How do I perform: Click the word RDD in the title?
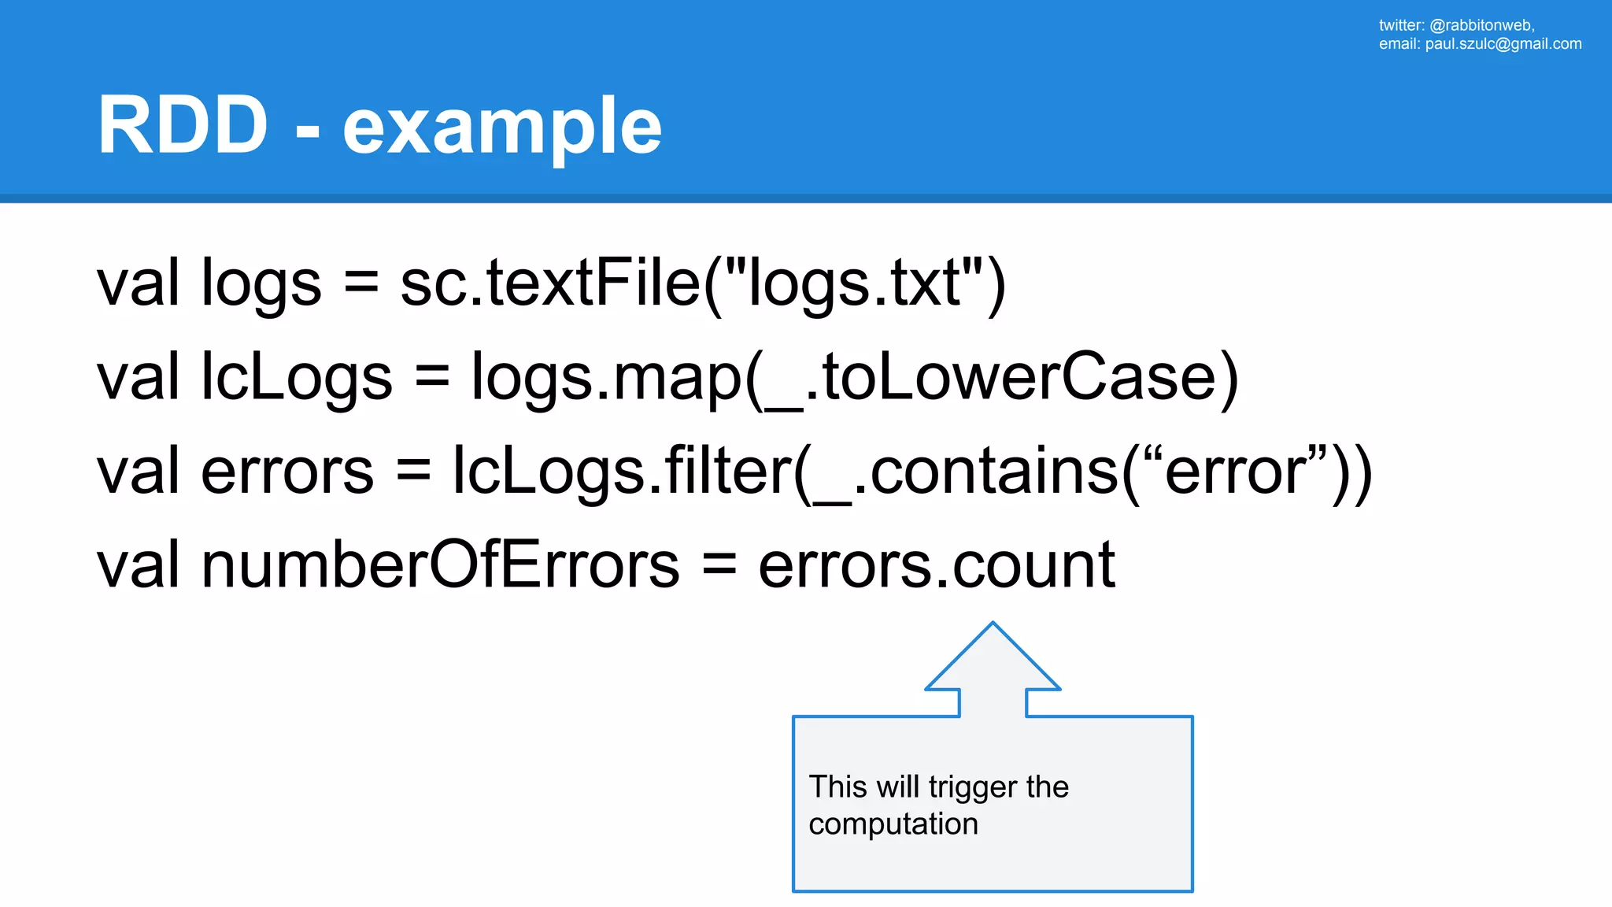[183, 126]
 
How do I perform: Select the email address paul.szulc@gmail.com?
[1503, 44]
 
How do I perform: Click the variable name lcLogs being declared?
[296, 377]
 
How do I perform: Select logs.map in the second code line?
[606, 377]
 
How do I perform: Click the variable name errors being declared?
[287, 471]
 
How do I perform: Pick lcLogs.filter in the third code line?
[622, 471]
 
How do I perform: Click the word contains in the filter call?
[993, 471]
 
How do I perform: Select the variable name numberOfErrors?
[440, 565]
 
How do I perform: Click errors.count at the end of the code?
[937, 565]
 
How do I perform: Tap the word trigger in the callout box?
[972, 787]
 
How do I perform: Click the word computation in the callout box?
[893, 824]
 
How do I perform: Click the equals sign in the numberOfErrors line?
[719, 565]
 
